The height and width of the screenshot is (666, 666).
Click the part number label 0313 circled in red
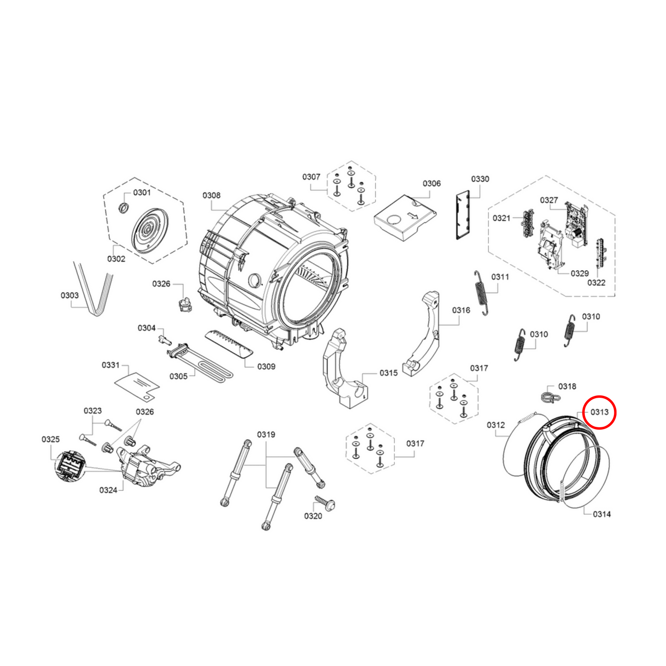click(x=599, y=412)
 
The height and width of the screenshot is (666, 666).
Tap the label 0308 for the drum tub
click(x=212, y=195)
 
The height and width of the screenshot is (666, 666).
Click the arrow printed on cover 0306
click(x=413, y=216)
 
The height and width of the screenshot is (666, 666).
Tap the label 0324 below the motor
click(x=108, y=490)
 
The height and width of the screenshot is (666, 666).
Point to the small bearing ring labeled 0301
click(x=123, y=207)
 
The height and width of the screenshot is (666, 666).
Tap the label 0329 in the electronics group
click(x=580, y=273)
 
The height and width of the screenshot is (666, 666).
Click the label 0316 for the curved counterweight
click(x=461, y=310)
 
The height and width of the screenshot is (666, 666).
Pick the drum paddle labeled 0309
click(x=229, y=345)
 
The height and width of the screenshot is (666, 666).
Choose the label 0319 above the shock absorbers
click(x=266, y=435)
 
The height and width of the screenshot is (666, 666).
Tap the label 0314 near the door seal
click(x=602, y=524)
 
